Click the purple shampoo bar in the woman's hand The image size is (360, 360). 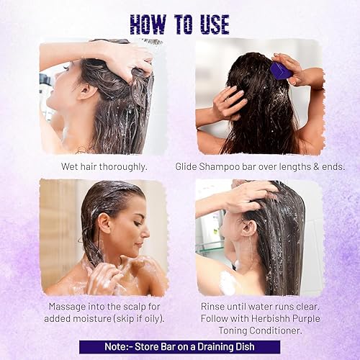coord(280,70)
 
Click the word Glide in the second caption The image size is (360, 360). coord(189,166)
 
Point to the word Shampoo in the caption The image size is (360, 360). coord(228,166)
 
